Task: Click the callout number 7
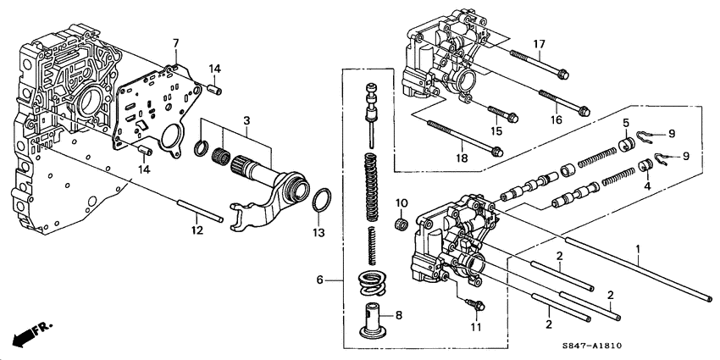pos(175,42)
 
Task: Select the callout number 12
pos(197,229)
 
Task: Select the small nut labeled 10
pos(402,224)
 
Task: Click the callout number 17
pos(538,43)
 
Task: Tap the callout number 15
pos(496,130)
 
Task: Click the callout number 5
pos(625,124)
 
